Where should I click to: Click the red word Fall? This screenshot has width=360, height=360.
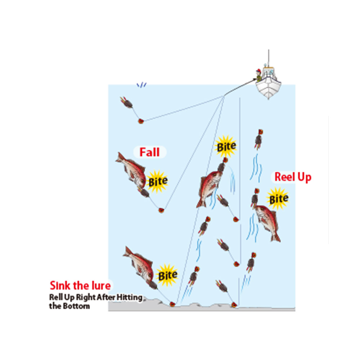(149, 152)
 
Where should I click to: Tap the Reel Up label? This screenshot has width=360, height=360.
(293, 177)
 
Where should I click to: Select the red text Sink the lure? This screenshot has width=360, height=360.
(80, 285)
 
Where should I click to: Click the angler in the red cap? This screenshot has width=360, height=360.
(259, 75)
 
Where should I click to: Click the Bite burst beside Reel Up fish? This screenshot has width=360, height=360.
(278, 199)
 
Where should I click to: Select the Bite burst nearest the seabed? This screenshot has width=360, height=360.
(167, 275)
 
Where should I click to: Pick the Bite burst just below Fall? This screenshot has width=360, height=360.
(158, 181)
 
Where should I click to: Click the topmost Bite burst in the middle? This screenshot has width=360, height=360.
(226, 147)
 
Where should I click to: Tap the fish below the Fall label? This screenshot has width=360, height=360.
(131, 170)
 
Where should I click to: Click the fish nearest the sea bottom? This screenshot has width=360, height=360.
(139, 264)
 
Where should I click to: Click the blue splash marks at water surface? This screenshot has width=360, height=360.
(141, 85)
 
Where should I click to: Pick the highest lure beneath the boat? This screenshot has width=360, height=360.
(259, 139)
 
